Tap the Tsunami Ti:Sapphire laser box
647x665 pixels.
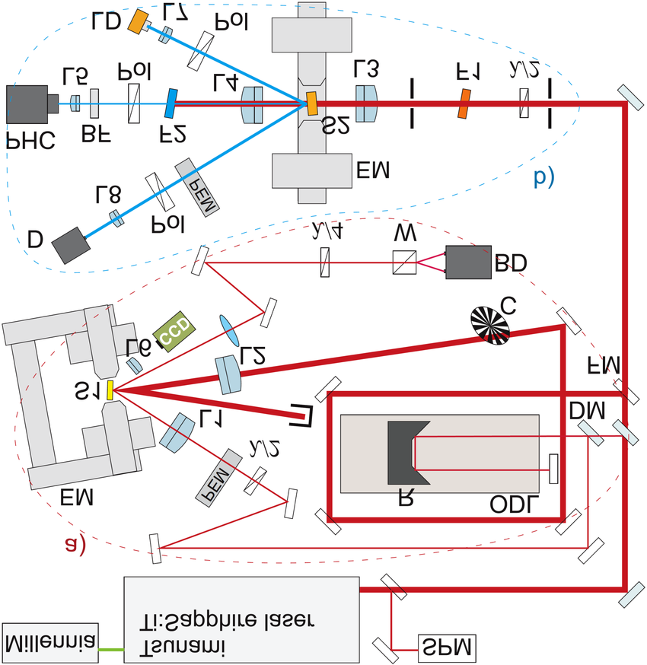point(241,620)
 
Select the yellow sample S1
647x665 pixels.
point(110,390)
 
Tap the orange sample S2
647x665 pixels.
point(312,103)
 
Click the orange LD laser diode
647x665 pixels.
point(138,21)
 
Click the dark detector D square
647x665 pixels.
point(70,244)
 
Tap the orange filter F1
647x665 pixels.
point(463,103)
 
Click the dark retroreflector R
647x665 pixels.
point(406,452)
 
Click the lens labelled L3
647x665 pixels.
point(365,103)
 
